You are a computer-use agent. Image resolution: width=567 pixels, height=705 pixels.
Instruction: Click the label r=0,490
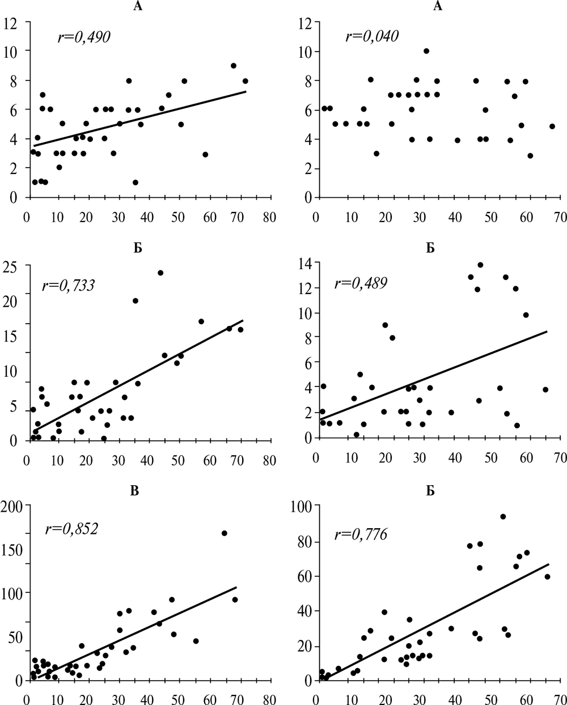pyautogui.click(x=83, y=37)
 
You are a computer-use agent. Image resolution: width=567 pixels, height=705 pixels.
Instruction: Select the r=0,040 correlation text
pyautogui.click(x=372, y=37)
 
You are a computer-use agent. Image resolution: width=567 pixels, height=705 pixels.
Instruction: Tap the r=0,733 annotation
pyautogui.click(x=69, y=286)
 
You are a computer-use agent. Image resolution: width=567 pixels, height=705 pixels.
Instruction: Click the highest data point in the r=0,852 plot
pyautogui.click(x=224, y=533)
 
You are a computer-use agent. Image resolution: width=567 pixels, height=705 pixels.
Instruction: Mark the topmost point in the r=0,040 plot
pyautogui.click(x=426, y=51)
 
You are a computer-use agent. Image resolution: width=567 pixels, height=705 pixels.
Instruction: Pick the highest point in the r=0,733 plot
pyautogui.click(x=160, y=273)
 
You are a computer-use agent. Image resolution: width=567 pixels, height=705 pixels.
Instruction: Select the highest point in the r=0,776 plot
pyautogui.click(x=503, y=516)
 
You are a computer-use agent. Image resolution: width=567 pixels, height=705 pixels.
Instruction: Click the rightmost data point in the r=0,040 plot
pyautogui.click(x=552, y=126)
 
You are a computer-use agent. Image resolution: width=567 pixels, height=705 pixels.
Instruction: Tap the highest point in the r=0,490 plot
pyautogui.click(x=233, y=66)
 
